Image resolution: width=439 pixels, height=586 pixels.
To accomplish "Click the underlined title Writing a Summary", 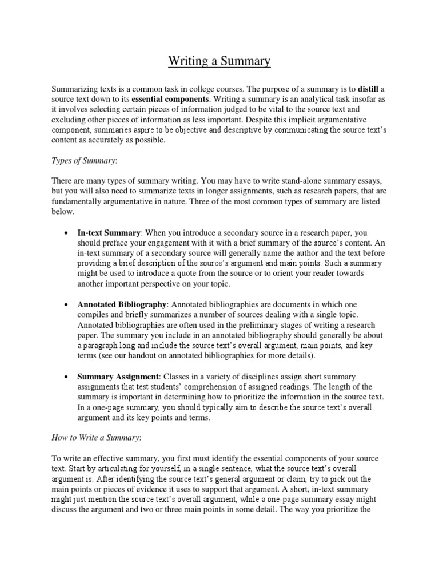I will [x=219, y=61].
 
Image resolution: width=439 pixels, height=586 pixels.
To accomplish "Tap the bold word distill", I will [x=368, y=89].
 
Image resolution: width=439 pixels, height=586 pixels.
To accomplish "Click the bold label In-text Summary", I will [x=109, y=233].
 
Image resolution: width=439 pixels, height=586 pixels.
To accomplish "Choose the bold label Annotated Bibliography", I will [x=122, y=304].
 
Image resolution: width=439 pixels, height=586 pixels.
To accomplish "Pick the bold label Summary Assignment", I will [x=118, y=376].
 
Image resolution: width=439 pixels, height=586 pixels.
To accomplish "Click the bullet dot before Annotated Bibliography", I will [x=67, y=304].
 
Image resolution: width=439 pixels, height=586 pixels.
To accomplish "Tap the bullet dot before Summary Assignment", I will [x=67, y=377].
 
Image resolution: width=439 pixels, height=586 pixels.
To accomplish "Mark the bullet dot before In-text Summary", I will [x=67, y=233].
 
